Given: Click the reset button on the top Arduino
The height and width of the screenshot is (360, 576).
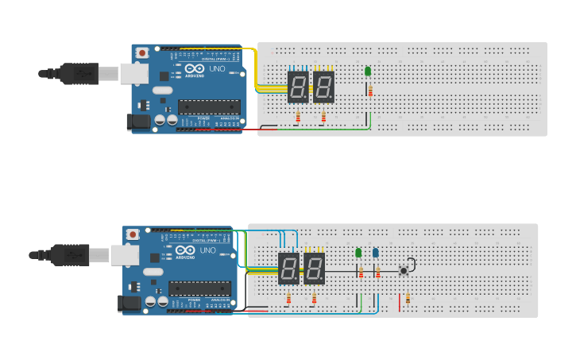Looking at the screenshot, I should pos(141,53).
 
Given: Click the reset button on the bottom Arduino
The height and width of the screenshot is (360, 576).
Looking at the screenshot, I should pos(133,235).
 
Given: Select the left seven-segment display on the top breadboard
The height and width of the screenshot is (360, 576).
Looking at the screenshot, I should pos(298,87).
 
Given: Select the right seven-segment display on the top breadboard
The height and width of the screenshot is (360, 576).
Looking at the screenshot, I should pos(323,87).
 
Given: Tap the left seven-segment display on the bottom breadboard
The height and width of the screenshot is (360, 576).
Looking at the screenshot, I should pos(289,269).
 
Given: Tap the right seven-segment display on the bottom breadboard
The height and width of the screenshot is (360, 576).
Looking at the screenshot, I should pos(315,269).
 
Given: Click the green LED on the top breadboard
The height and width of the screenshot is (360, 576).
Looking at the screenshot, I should pos(368,72).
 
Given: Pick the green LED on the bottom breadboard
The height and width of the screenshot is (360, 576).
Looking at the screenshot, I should pos(358,253).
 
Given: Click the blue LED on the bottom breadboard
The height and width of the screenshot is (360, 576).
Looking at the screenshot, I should pos(376,253).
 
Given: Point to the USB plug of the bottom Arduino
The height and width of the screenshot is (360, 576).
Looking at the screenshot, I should pos(72,255).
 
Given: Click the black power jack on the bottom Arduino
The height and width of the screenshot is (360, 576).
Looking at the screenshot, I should pos(129,304).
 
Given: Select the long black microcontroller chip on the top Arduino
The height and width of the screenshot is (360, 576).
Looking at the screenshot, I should pos(209,106).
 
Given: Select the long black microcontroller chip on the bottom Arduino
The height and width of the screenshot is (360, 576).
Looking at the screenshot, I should pos(199,288).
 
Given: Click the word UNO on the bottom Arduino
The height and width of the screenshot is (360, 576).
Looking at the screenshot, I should pos(208,251).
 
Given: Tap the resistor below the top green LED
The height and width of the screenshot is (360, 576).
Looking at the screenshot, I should pos(370,91).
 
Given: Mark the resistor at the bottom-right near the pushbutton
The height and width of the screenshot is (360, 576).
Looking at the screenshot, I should pos(408,299).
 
